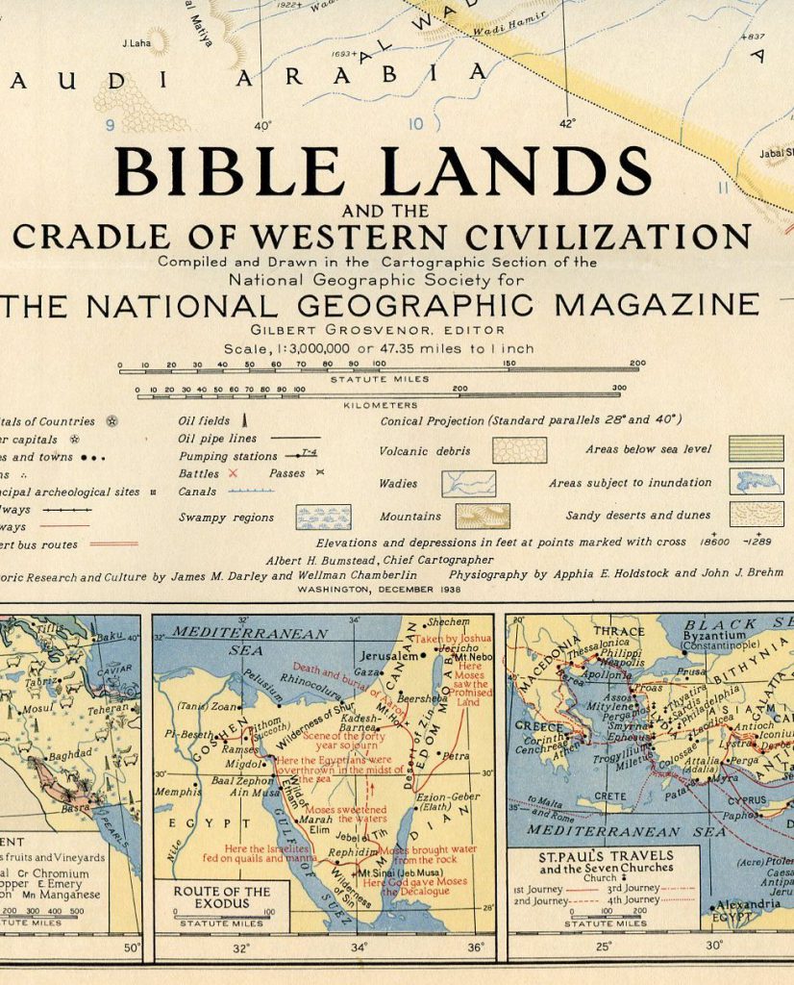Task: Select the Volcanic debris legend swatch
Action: [x=519, y=450]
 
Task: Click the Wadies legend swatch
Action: [x=468, y=483]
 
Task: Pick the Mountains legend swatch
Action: [x=482, y=517]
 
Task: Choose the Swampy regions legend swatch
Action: [x=323, y=518]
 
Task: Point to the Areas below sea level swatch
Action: [x=756, y=449]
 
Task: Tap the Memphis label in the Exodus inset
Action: [x=177, y=792]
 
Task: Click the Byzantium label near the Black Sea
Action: [x=713, y=635]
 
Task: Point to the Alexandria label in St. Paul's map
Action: [x=748, y=904]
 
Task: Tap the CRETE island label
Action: [x=609, y=796]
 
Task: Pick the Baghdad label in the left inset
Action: [x=69, y=754]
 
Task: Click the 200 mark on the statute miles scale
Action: [x=636, y=364]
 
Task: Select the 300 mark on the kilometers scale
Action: [x=618, y=389]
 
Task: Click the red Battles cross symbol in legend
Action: [x=232, y=473]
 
